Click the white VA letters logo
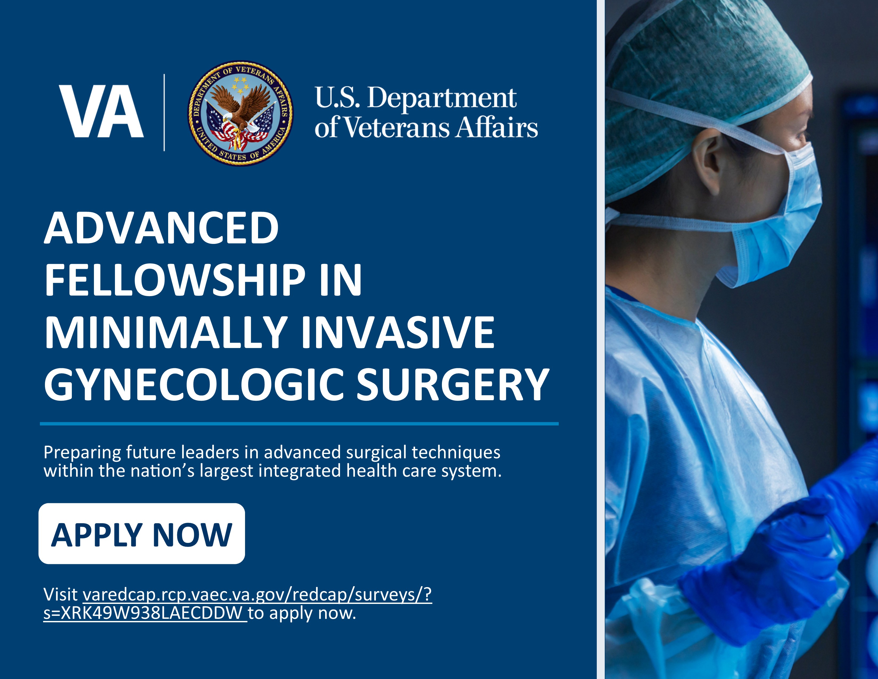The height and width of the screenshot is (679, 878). tap(101, 111)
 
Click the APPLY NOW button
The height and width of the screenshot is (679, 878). tap(142, 534)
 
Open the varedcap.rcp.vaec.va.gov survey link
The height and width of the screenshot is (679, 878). tap(257, 595)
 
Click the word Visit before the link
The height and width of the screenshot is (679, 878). tap(61, 595)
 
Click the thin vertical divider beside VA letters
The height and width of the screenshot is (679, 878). tap(164, 113)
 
